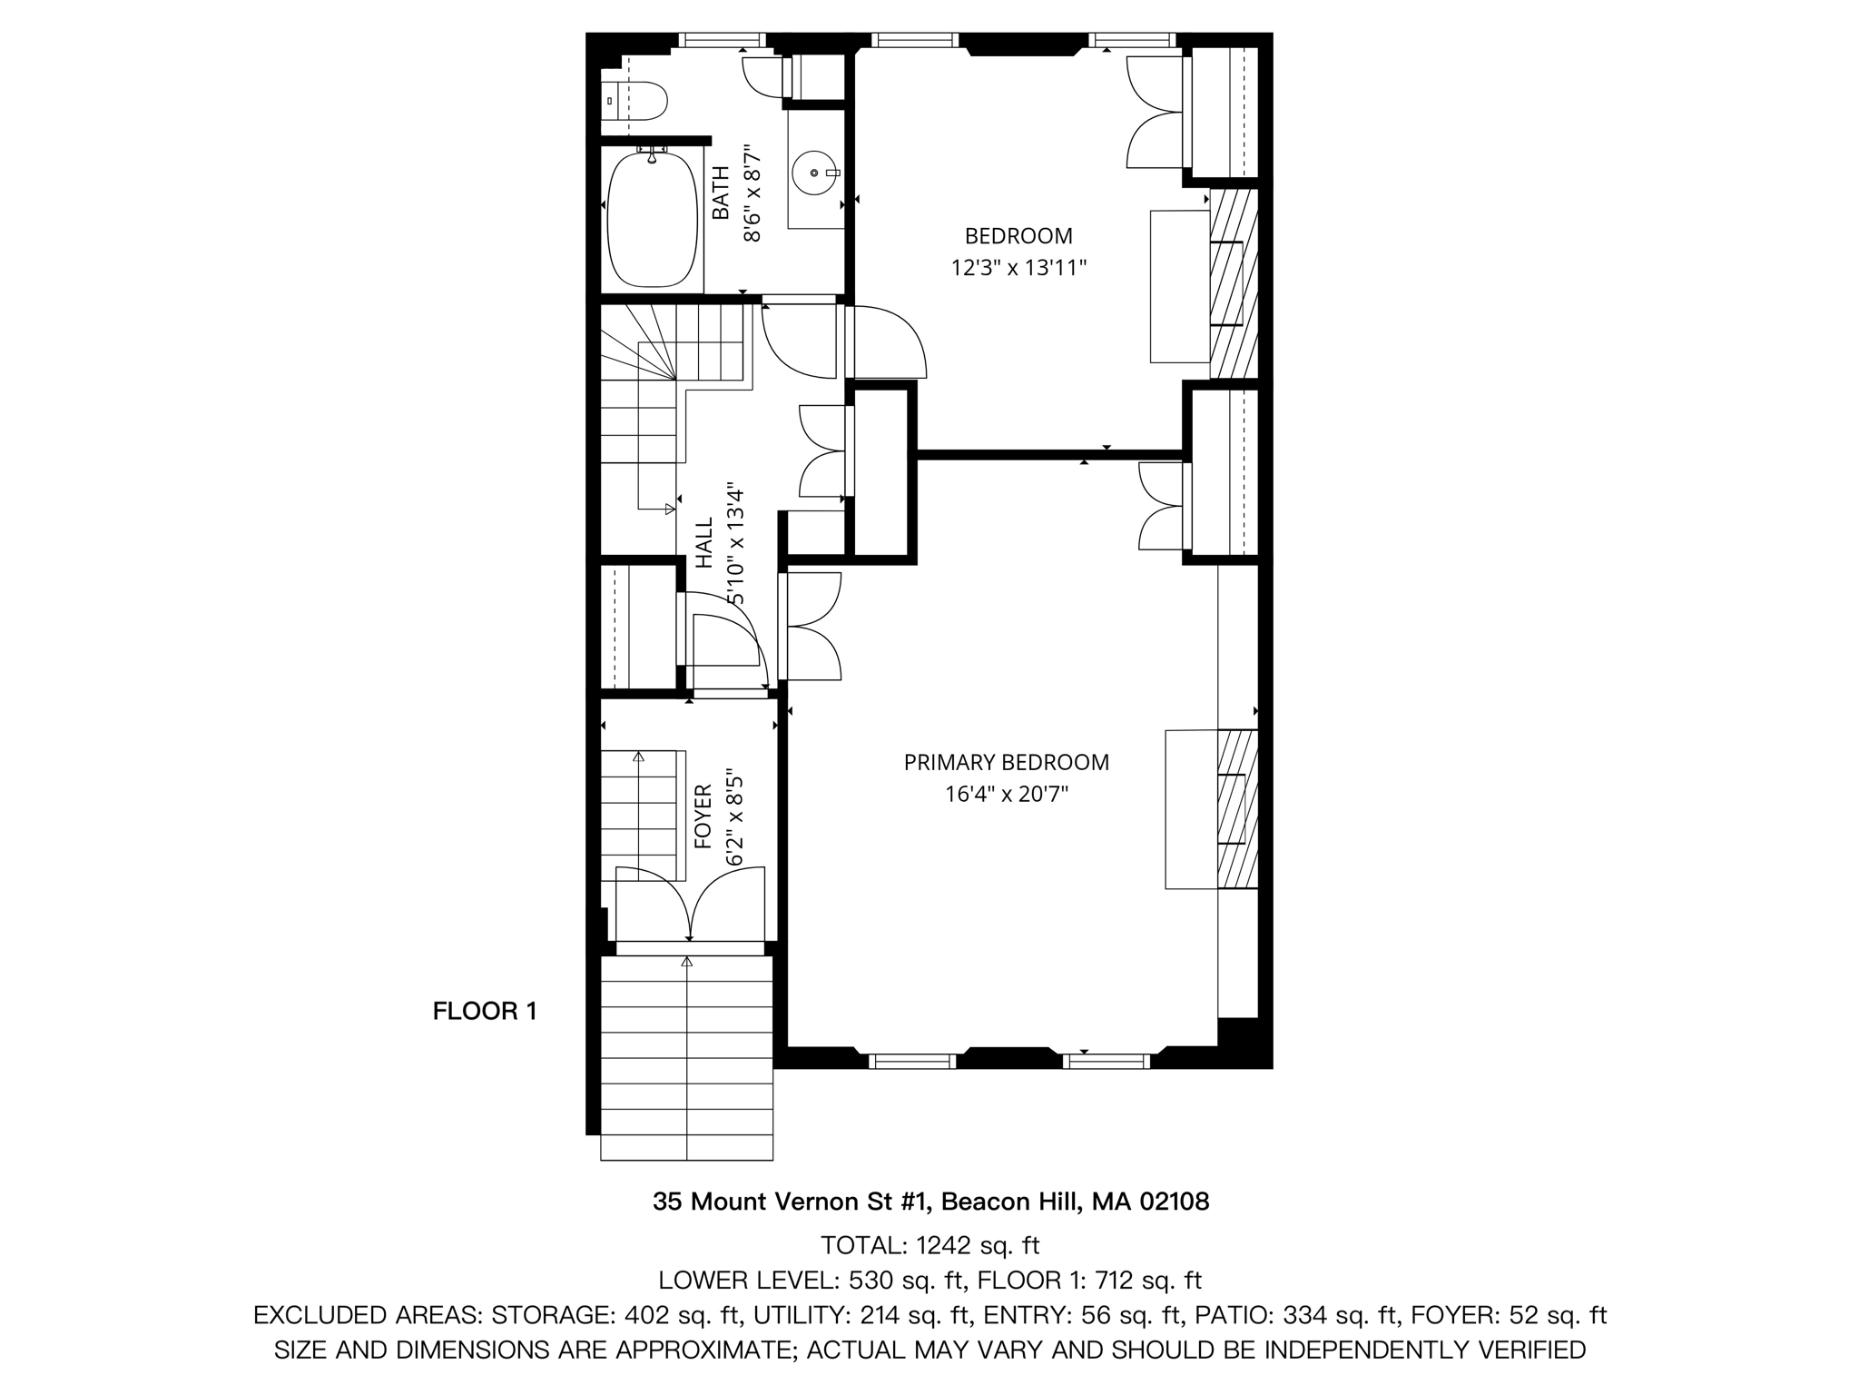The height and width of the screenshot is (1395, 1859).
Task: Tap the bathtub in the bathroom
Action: click(650, 219)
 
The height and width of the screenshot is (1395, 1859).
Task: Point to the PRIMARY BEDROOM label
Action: click(1006, 763)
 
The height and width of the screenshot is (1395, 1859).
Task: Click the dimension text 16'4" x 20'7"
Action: click(1006, 795)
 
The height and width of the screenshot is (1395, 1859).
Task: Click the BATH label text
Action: click(721, 193)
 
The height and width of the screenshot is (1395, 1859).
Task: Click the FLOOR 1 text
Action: click(485, 1011)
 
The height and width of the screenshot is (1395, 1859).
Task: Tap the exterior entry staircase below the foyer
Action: click(686, 1058)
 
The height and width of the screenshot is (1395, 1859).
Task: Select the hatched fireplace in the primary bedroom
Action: click(1237, 808)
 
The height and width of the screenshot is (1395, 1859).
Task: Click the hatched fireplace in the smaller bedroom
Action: click(1234, 283)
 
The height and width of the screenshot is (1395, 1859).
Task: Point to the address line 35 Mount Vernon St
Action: click(930, 1202)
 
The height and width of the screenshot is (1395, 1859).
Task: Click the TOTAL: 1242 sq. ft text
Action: click(929, 1244)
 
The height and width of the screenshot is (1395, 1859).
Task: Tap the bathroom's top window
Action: click(723, 40)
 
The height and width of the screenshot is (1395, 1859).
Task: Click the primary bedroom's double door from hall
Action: click(812, 627)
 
